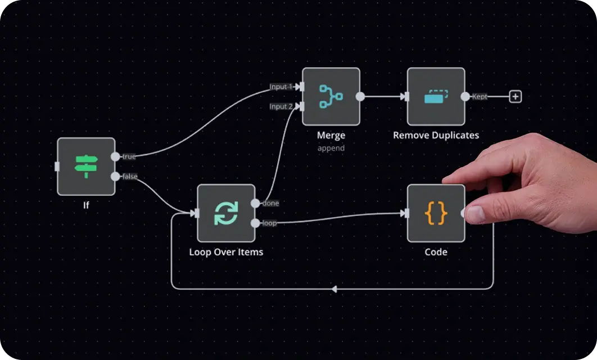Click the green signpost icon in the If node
[x=86, y=166]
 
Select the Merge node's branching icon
[x=331, y=97]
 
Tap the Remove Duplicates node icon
[x=436, y=97]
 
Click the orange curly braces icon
[x=436, y=213]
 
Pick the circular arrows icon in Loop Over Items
[x=226, y=213]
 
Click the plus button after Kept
[x=515, y=97]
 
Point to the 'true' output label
[x=129, y=157]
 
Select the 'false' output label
[x=130, y=177]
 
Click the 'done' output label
[x=271, y=203]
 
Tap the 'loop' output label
[x=270, y=223]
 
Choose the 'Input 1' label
[x=281, y=87]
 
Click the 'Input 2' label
[x=281, y=107]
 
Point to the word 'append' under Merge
[x=331, y=148]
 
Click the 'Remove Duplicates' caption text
[x=436, y=136]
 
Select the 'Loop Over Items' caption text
[x=226, y=252]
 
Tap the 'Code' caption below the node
[x=436, y=252]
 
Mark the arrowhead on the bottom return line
[x=334, y=289]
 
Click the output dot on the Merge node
[x=360, y=97]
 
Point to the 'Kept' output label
[x=480, y=97]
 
